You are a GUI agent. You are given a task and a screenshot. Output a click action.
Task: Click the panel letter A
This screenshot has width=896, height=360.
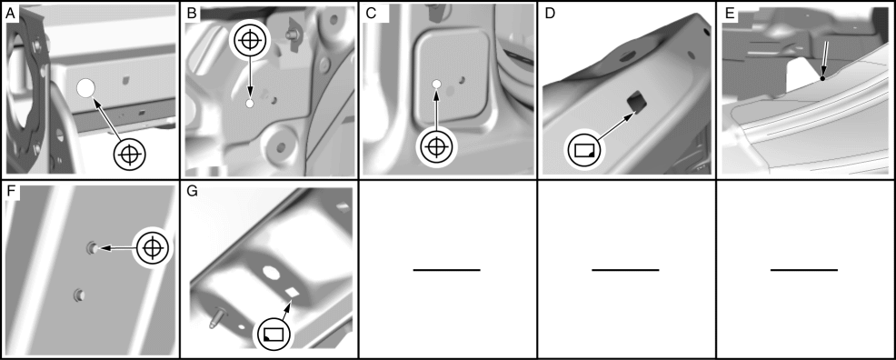pos(10,15)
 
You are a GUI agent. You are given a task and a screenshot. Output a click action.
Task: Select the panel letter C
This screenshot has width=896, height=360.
pos(371,15)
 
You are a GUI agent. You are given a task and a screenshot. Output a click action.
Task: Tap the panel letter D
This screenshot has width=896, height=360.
pos(551,15)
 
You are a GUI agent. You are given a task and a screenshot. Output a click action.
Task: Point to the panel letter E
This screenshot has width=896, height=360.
pos(730,15)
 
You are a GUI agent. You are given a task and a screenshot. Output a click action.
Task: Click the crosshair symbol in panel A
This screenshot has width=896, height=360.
pos(130,154)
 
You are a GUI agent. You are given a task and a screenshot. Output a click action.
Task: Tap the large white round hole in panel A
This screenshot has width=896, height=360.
pos(85,88)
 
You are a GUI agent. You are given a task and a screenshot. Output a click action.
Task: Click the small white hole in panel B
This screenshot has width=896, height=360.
pos(250,104)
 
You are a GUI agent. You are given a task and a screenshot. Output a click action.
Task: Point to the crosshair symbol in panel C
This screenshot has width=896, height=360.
pos(436,147)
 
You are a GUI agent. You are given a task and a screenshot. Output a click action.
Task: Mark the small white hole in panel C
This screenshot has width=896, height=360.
pos(436,85)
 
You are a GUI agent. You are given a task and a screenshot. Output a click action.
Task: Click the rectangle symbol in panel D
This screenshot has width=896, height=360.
pos(584,150)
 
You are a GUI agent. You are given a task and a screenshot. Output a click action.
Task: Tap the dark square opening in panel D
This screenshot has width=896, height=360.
pos(637,102)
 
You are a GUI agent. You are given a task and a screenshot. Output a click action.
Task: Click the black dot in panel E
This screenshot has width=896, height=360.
pos(822,78)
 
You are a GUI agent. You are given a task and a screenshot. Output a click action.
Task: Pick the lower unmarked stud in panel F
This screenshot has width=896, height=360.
pos(78,295)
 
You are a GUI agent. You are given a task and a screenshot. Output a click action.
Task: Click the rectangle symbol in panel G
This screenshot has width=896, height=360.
pos(274,335)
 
